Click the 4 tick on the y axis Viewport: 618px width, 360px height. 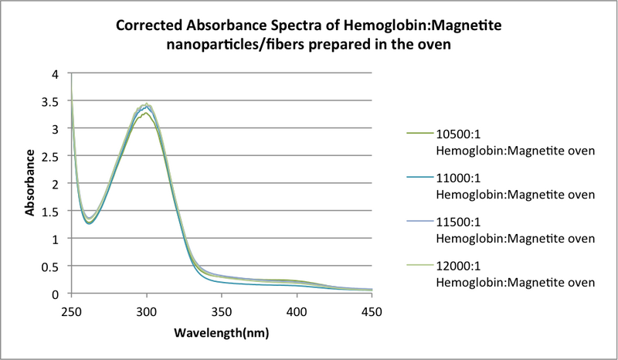pos(55,74)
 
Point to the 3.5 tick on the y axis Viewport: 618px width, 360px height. pos(51,101)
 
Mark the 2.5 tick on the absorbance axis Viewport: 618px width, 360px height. pos(51,157)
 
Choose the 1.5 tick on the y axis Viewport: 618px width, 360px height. pos(51,212)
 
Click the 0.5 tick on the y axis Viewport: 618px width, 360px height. pos(51,267)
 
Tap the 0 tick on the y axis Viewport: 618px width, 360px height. pos(55,294)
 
